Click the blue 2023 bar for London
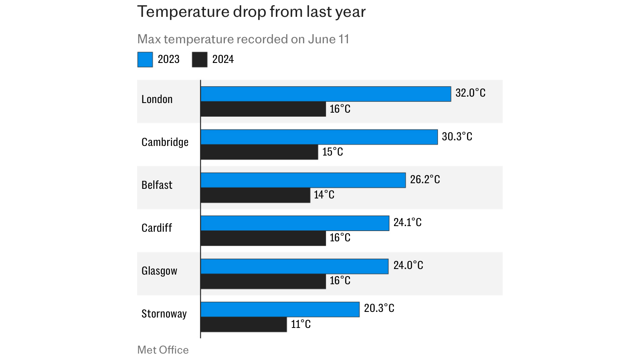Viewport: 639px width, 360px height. [x=326, y=94]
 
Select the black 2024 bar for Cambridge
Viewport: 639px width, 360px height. [x=259, y=152]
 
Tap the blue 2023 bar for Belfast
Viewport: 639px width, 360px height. [x=303, y=180]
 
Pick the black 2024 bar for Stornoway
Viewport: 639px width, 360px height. [x=243, y=324]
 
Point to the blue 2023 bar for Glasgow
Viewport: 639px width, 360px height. [x=294, y=267]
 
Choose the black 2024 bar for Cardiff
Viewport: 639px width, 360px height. [x=263, y=238]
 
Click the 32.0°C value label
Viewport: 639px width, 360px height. [x=470, y=93]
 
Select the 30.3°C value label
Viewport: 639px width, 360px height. [x=457, y=137]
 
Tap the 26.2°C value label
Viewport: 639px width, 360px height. [x=425, y=180]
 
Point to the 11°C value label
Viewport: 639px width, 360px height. [x=301, y=324]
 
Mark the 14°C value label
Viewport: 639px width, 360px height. [x=324, y=195]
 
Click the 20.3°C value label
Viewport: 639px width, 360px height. [x=379, y=308]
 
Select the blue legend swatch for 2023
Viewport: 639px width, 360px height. [x=145, y=60]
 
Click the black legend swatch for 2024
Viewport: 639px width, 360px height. [x=199, y=60]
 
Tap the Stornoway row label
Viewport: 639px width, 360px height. [x=164, y=313]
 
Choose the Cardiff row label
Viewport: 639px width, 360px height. [x=156, y=228]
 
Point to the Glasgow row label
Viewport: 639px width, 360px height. [x=159, y=271]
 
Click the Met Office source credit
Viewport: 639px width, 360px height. [x=163, y=350]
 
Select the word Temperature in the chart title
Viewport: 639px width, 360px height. [x=182, y=12]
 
